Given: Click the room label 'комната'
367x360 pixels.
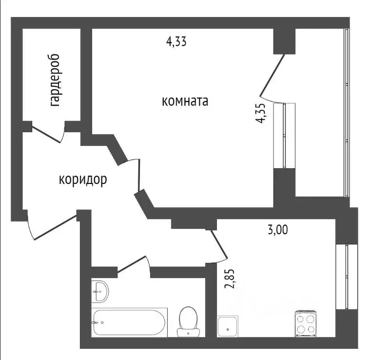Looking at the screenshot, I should pyautogui.click(x=185, y=101).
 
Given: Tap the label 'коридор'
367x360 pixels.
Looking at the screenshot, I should pyautogui.click(x=83, y=180).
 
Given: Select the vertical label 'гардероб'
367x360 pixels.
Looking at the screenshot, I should pyautogui.click(x=55, y=80).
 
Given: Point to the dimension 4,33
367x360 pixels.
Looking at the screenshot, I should pyautogui.click(x=176, y=42).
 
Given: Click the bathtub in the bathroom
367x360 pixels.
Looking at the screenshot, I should pyautogui.click(x=130, y=321).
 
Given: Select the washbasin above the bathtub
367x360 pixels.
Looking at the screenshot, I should pyautogui.click(x=100, y=291).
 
